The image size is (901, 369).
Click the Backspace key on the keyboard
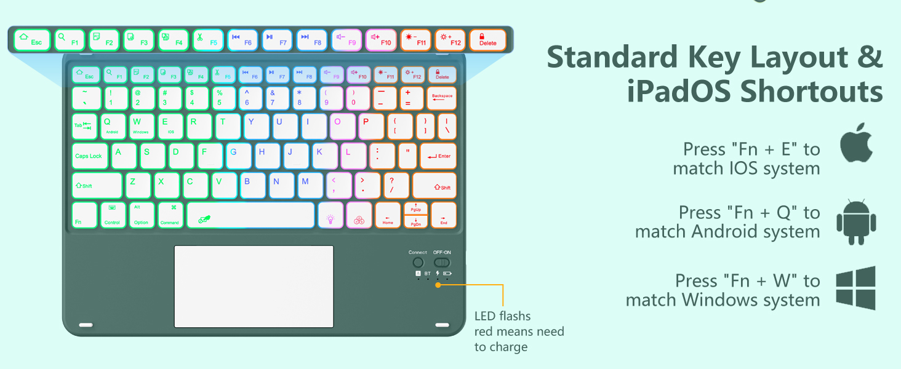tap(442, 98)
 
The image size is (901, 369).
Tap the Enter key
tap(438, 156)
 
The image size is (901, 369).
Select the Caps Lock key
tap(89, 156)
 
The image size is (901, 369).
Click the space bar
tap(250, 215)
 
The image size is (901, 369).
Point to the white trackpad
tap(254, 286)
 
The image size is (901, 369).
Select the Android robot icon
tap(856, 222)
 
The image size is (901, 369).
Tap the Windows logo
tap(855, 288)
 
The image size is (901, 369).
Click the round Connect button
tap(418, 263)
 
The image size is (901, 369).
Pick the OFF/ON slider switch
tap(442, 263)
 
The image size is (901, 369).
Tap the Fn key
tap(84, 215)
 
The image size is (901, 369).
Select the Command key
tap(169, 215)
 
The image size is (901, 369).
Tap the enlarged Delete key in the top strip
tap(487, 40)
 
